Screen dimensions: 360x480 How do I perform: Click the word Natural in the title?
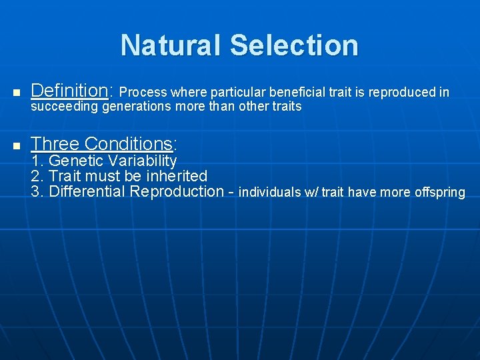pos(171,45)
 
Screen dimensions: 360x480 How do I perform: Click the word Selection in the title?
pos(294,45)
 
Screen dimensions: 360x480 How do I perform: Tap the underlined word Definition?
pos(70,90)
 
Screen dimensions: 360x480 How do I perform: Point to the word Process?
pos(143,92)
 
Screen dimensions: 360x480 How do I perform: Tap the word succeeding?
pos(66,107)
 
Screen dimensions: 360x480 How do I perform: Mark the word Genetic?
pos(77,161)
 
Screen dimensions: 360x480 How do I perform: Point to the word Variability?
pos(144,161)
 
